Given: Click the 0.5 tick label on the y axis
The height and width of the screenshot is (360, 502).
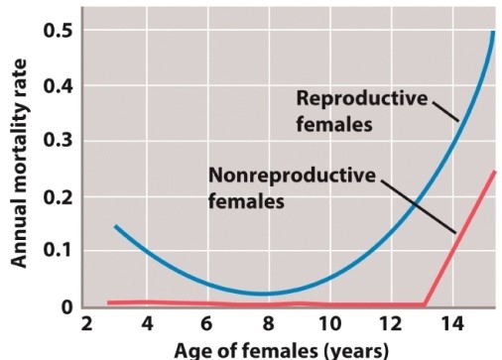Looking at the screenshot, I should point(57,30).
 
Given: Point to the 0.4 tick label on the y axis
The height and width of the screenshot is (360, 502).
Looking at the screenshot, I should point(57,86).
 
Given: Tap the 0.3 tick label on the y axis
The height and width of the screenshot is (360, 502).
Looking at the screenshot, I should point(57,142).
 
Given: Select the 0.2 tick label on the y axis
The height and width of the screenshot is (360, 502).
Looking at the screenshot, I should point(57,197).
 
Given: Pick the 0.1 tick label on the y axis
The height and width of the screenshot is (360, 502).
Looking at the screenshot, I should point(57,253).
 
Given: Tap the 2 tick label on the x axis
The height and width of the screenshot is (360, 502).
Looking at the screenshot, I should point(86,326).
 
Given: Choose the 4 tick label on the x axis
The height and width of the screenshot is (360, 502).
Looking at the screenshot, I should point(147,326).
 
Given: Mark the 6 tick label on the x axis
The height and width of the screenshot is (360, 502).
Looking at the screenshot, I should point(207,326).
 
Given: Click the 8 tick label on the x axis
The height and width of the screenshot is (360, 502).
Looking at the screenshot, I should point(268,326).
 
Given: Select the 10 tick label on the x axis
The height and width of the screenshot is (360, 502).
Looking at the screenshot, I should point(328,326).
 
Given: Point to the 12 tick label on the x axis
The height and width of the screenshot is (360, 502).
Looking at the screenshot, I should point(389,326).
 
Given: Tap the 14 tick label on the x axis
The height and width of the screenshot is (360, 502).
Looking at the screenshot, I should point(449,326).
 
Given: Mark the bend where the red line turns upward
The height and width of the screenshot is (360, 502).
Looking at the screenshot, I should point(425,304).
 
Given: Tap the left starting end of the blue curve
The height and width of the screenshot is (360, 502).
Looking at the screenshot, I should point(115,226).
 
